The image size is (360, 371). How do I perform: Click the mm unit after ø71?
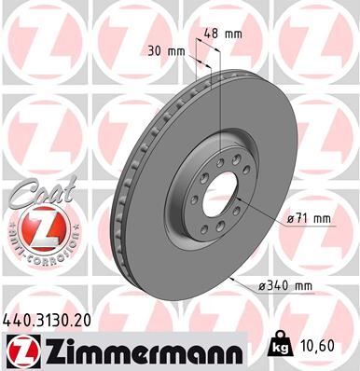[x=322, y=219]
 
